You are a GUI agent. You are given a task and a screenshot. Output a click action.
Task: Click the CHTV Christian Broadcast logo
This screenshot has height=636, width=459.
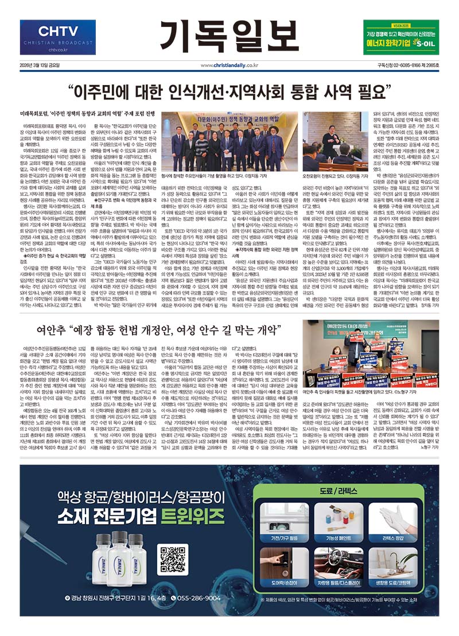click(56, 38)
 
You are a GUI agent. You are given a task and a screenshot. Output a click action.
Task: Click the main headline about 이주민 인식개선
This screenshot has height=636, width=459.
click(229, 90)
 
